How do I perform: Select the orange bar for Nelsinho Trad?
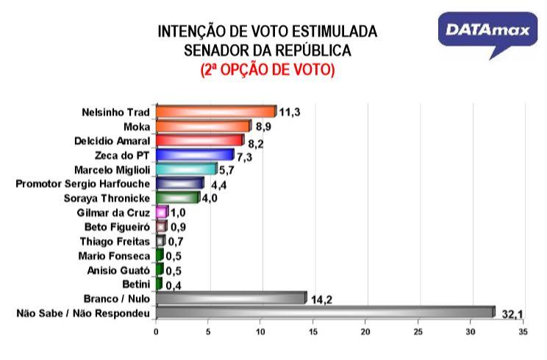coord(215,112)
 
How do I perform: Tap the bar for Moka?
coord(203,126)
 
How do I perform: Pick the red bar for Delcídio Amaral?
coord(199,140)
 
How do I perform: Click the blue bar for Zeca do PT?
coord(194,155)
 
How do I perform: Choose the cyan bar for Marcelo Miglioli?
coord(186,169)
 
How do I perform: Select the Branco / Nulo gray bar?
coord(230,298)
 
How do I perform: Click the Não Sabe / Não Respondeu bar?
coord(325,312)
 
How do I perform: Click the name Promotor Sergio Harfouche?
coord(83,184)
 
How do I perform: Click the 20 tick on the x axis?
coord(365,332)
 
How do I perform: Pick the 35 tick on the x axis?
coord(522,332)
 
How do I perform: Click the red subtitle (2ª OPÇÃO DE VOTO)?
coord(268,70)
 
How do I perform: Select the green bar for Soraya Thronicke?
coord(177,198)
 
